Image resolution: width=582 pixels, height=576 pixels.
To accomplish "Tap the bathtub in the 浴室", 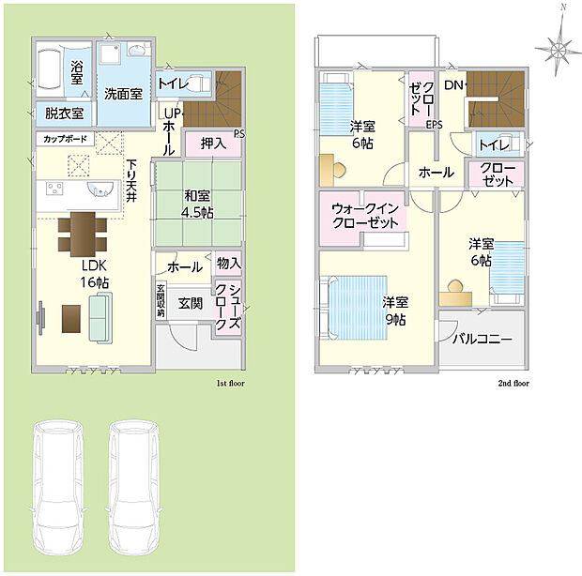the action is coord(50,69).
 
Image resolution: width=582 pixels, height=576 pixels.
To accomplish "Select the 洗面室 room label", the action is coord(123,94).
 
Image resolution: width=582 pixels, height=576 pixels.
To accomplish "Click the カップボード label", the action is coord(65,139).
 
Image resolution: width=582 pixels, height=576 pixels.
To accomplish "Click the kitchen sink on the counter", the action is coord(100,189).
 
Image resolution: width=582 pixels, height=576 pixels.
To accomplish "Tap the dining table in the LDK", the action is coord(83,234).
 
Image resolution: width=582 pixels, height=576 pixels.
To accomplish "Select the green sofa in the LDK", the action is coord(100,317).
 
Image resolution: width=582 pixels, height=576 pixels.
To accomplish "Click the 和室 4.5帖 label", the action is coord(197,204).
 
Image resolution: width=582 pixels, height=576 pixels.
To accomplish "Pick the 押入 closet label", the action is coord(213,144).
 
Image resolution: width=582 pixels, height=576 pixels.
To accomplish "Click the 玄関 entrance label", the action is coord(190,303).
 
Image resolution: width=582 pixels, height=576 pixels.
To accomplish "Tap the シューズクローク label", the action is coord(227,307).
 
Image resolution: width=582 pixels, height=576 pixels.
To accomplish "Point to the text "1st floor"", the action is coord(231,383).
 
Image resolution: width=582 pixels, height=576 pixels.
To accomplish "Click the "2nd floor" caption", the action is coord(513,383).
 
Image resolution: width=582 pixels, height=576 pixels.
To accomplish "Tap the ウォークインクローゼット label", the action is coord(365,216).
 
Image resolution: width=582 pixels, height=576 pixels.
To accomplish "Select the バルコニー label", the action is coord(482,339).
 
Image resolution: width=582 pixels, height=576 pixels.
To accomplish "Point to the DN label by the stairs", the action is coord(453,85).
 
